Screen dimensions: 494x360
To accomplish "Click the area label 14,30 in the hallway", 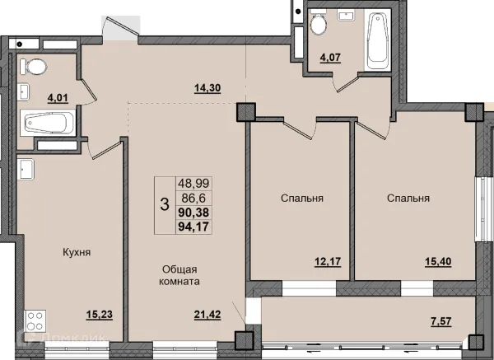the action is pyautogui.click(x=207, y=88).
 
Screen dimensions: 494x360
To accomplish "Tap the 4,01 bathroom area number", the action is pyautogui.click(x=58, y=98).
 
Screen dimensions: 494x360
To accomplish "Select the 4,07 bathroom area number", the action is pyautogui.click(x=330, y=58).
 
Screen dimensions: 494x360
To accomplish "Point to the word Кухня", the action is pyautogui.click(x=77, y=252).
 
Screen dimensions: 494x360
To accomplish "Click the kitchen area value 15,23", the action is pyautogui.click(x=100, y=315).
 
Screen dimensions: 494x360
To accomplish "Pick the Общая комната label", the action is pyautogui.click(x=179, y=275).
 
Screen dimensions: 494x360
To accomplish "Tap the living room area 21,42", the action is pyautogui.click(x=207, y=315).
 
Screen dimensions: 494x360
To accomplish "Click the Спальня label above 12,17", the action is pyautogui.click(x=302, y=198).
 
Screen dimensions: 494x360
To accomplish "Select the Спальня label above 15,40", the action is pyautogui.click(x=408, y=198).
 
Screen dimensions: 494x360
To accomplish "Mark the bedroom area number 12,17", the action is pyautogui.click(x=328, y=262).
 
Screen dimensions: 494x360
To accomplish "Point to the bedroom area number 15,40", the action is pyautogui.click(x=438, y=262).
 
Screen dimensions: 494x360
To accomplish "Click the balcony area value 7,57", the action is pyautogui.click(x=441, y=321).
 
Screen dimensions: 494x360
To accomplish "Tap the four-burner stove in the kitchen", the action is pyautogui.click(x=35, y=320).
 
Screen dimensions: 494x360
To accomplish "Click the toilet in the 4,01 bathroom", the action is pyautogui.click(x=34, y=67).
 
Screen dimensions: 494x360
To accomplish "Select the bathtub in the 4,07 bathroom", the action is pyautogui.click(x=378, y=39).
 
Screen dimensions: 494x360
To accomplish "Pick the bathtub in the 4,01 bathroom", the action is pyautogui.click(x=48, y=123).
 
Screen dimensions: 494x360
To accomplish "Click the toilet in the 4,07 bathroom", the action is pyautogui.click(x=318, y=21).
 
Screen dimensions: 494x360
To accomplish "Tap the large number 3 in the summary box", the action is pyautogui.click(x=165, y=204).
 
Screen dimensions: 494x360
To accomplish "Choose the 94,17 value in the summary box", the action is pyautogui.click(x=193, y=227).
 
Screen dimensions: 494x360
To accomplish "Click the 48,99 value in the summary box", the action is pyautogui.click(x=193, y=183).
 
